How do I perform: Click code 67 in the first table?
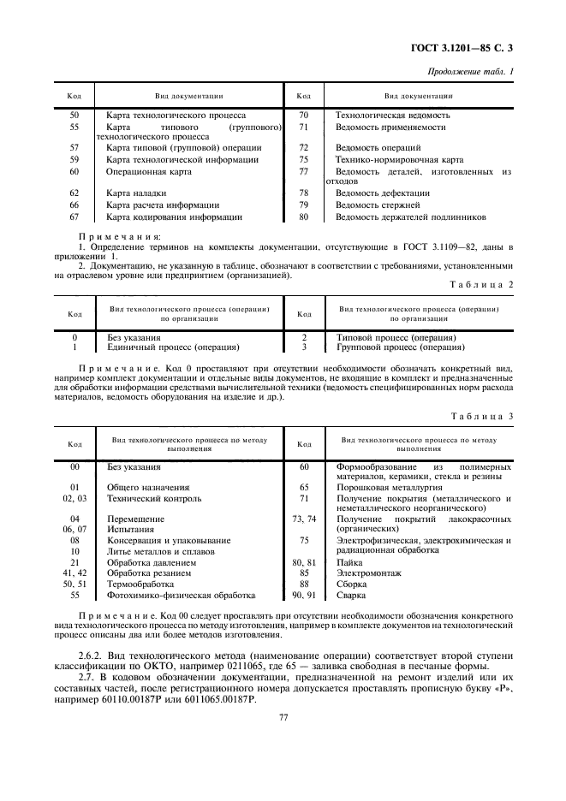74,217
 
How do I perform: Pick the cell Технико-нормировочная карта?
399,159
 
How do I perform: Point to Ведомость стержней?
378,205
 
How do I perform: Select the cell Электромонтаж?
368,573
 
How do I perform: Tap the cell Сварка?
351,594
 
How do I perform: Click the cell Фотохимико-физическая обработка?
181,594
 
